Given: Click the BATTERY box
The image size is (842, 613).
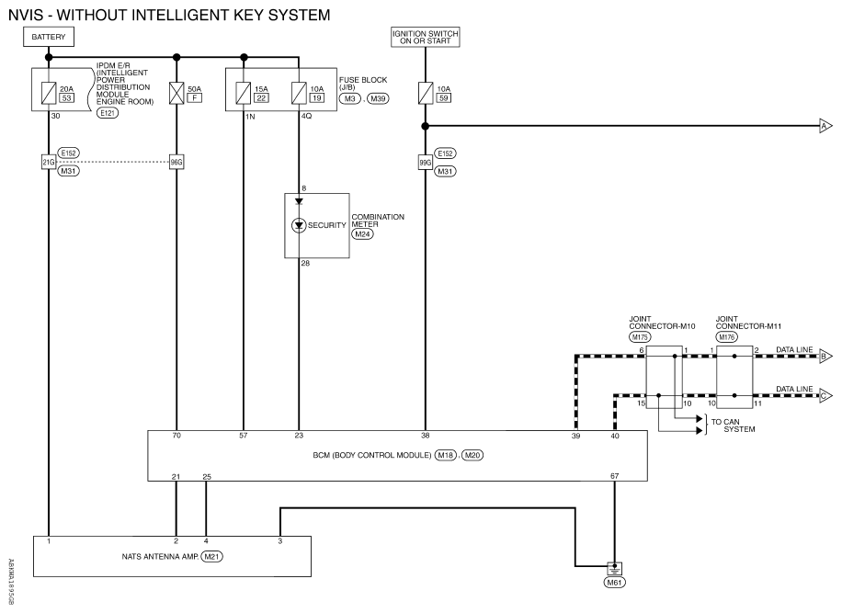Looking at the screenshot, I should (48, 37).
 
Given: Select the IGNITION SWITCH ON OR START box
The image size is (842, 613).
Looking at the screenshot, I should (425, 37).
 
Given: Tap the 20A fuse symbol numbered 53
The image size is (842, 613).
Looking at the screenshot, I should (48, 91).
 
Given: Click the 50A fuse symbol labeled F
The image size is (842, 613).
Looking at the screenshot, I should (176, 91).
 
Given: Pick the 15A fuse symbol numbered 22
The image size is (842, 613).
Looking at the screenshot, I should (244, 91).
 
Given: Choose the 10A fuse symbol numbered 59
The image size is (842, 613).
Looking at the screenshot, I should (425, 91).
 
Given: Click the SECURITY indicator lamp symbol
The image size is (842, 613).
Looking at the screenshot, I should (299, 225).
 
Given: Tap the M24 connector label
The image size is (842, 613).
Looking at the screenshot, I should (363, 234).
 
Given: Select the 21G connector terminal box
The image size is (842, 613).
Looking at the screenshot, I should (48, 162).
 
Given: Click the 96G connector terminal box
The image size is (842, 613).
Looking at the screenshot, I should (176, 162).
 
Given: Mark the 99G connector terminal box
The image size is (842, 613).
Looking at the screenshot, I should (425, 162).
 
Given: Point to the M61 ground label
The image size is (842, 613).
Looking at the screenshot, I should (613, 582).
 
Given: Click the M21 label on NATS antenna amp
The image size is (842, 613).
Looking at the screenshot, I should (212, 556).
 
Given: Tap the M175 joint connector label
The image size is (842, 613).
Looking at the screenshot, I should (639, 337).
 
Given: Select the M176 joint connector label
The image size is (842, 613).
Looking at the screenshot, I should (727, 337).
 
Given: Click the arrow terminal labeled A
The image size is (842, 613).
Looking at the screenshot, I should (825, 127).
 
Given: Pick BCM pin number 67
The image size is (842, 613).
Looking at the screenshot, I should (613, 476).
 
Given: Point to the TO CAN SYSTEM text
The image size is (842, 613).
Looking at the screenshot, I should (732, 425).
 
